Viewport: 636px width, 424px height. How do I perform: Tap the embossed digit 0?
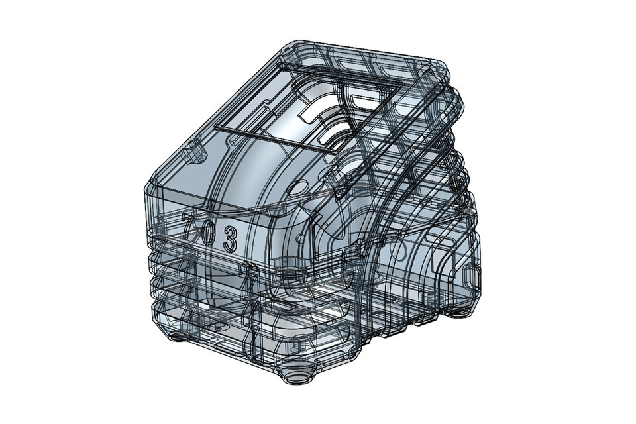(x=208, y=232)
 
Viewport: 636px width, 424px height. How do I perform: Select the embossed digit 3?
(x=230, y=238)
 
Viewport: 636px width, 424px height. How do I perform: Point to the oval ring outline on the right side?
(x=401, y=250)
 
